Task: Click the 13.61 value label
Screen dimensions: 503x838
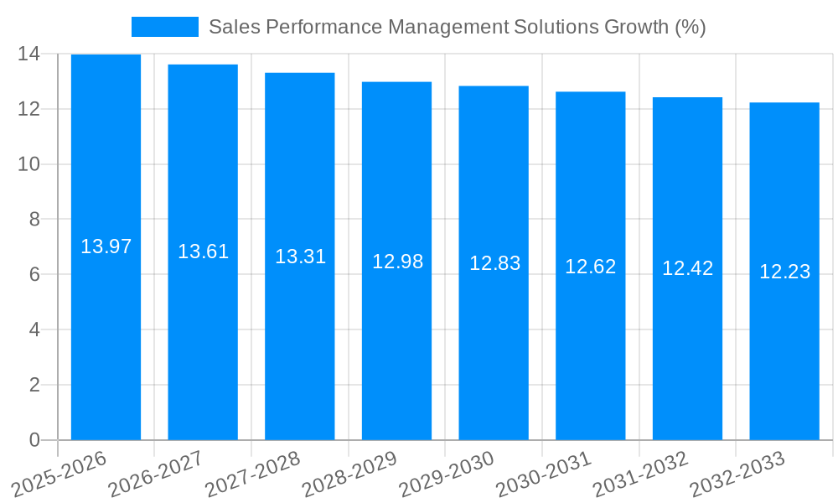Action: point(203,251)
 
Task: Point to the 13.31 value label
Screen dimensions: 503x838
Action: point(300,257)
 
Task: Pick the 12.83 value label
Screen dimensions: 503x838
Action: point(494,263)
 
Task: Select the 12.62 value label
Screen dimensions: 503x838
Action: point(590,267)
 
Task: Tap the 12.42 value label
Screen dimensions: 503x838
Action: point(687,268)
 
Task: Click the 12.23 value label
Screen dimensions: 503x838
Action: point(784,272)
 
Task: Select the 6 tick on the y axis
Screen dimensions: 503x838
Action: point(34,274)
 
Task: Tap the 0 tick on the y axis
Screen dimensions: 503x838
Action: point(34,440)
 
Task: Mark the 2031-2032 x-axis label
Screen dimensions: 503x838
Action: point(640,474)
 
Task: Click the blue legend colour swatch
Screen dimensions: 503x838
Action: point(165,27)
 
